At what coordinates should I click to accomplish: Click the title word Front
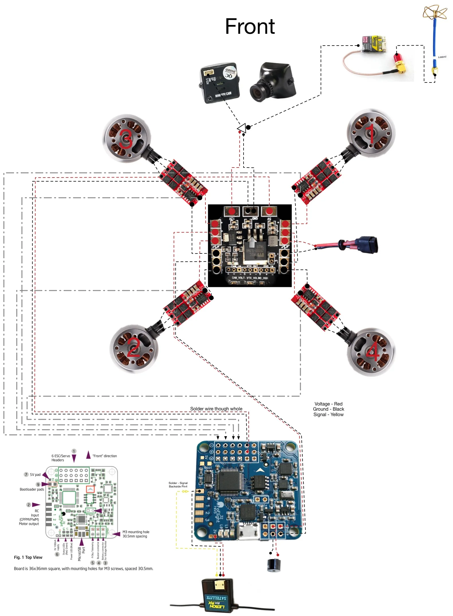[x=250, y=27]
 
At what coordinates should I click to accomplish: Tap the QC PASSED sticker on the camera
[x=230, y=73]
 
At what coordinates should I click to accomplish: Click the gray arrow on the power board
[x=252, y=242]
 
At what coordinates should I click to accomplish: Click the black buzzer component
[x=274, y=565]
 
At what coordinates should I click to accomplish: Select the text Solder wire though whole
[x=216, y=409]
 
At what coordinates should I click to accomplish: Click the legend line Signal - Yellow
[x=328, y=414]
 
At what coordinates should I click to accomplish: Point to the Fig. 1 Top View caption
[x=28, y=557]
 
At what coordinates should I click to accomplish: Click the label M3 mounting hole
[x=136, y=532]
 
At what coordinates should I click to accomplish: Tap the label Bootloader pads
[x=32, y=489]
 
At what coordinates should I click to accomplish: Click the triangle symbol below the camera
[x=242, y=128]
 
